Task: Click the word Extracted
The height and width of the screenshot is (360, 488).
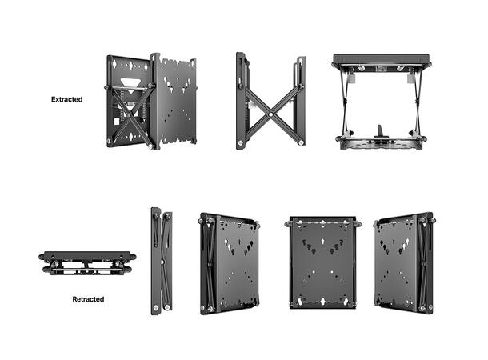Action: (67, 100)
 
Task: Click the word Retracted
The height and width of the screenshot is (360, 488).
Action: (87, 299)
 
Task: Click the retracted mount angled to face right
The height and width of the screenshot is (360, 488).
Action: (230, 262)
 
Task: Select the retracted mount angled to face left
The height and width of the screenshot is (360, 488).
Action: (405, 262)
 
